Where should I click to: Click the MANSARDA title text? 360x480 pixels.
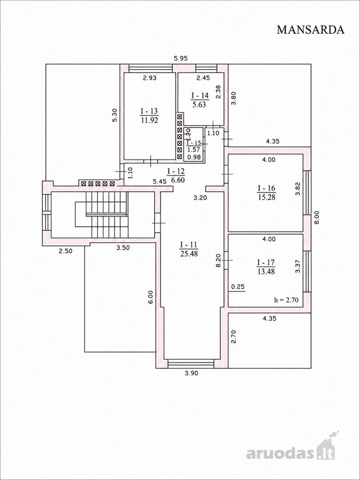point(311,30)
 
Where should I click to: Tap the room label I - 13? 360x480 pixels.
point(149,110)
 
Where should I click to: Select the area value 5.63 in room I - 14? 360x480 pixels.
point(200,105)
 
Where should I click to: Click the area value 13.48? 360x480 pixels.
point(266,271)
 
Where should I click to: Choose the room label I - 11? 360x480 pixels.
point(189,245)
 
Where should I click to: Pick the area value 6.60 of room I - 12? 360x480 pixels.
point(179,180)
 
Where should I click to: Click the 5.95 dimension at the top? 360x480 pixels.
point(181,58)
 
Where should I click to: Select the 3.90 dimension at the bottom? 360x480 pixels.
point(191,373)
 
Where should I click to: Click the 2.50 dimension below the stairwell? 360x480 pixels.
point(66,251)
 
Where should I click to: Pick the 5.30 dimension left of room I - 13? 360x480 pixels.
point(115,116)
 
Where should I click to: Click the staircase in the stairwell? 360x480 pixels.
point(101,214)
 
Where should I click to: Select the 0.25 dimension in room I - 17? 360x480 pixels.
point(237,287)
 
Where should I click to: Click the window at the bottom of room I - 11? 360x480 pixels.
point(191,363)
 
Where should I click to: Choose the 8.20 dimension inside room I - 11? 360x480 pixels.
point(218,261)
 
